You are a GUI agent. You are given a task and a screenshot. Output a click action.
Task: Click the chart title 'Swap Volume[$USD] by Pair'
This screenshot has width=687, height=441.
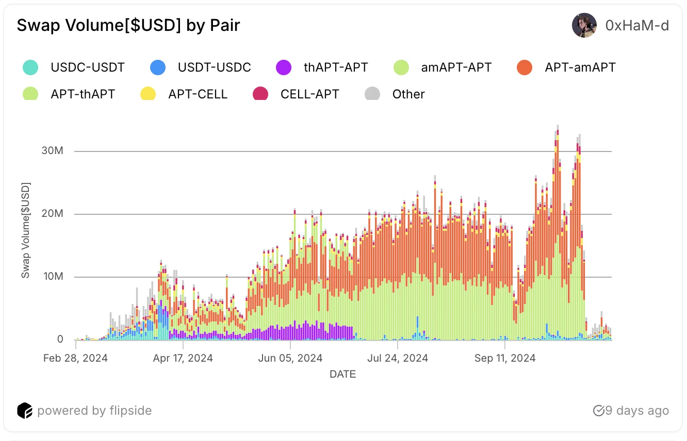pyautogui.click(x=128, y=25)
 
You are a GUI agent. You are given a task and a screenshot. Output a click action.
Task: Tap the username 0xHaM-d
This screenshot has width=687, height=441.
pyautogui.click(x=637, y=25)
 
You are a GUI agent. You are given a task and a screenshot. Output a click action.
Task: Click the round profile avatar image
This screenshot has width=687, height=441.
pyautogui.click(x=584, y=25)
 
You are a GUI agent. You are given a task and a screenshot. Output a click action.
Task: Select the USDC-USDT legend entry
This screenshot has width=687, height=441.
pyautogui.click(x=87, y=67)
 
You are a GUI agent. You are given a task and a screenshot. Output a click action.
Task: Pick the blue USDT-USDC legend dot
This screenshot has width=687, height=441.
pyautogui.click(x=158, y=67)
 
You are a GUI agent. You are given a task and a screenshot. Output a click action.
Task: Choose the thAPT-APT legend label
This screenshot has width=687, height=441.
pyautogui.click(x=336, y=67)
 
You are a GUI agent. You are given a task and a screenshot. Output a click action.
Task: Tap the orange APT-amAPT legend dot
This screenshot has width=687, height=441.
pyautogui.click(x=525, y=67)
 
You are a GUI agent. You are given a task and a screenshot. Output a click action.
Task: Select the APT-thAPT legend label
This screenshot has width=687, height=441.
pyautogui.click(x=83, y=94)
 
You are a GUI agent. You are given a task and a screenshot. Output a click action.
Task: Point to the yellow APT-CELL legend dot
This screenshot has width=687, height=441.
pyautogui.click(x=149, y=94)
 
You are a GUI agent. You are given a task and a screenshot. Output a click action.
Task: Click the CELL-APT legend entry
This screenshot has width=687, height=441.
pyautogui.click(x=309, y=94)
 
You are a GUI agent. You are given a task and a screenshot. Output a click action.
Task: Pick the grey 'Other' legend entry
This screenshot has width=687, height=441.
pyautogui.click(x=408, y=94)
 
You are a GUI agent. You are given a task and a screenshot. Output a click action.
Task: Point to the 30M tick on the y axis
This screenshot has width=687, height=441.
pyautogui.click(x=53, y=151)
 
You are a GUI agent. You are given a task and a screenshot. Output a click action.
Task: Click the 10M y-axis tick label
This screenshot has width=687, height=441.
pyautogui.click(x=53, y=277)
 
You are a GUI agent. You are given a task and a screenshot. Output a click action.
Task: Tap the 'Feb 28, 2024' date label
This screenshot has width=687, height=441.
pyautogui.click(x=75, y=358)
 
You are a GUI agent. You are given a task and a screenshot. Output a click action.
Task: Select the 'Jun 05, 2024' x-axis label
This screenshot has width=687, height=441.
pyautogui.click(x=290, y=358)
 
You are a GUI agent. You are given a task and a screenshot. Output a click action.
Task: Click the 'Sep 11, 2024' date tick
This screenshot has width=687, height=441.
pyautogui.click(x=505, y=358)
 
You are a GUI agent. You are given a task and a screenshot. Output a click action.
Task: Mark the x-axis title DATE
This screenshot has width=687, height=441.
pyautogui.click(x=342, y=374)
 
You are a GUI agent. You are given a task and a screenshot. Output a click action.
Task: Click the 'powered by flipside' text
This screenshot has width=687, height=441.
pyautogui.click(x=94, y=411)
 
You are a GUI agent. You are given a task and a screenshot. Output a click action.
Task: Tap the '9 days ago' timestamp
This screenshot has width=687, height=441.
pyautogui.click(x=636, y=411)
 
